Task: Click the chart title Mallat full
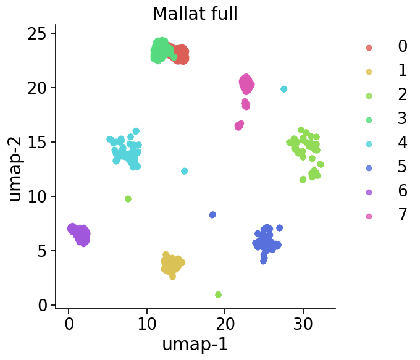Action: click(x=195, y=14)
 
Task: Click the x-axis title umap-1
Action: click(x=195, y=344)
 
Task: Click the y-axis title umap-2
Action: click(x=15, y=167)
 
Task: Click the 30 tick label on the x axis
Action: click(x=303, y=322)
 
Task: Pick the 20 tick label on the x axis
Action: click(x=224, y=322)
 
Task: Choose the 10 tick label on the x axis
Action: click(x=146, y=322)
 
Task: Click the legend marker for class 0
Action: click(x=369, y=48)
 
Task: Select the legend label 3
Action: click(x=403, y=119)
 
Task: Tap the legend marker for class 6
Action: click(x=369, y=192)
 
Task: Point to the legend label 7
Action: click(x=403, y=216)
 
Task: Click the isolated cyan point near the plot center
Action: click(x=184, y=171)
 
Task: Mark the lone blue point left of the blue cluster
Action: click(x=212, y=215)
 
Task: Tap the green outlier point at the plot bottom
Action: click(x=218, y=295)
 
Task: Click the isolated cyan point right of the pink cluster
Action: click(x=283, y=89)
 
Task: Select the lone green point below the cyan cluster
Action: click(x=128, y=199)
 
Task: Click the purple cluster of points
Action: click(x=79, y=234)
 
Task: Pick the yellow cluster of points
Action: click(x=172, y=265)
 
